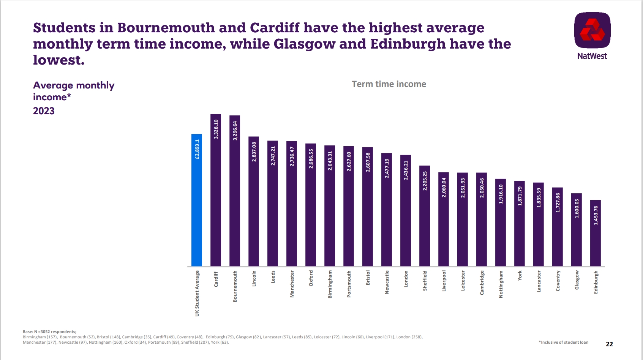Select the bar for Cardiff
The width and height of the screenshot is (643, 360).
(x=216, y=190)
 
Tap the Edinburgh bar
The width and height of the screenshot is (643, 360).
(x=596, y=233)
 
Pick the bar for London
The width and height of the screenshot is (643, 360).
(x=406, y=211)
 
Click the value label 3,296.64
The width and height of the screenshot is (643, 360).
(x=235, y=131)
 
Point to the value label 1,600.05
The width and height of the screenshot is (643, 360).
(x=577, y=208)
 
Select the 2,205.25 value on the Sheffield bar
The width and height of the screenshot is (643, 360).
(x=425, y=181)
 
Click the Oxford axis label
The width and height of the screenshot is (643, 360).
(x=311, y=278)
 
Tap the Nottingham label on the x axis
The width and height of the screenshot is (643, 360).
(x=501, y=284)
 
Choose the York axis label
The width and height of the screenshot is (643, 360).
(x=520, y=276)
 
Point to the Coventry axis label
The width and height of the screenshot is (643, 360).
(x=558, y=281)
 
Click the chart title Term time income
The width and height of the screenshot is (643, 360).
(x=389, y=84)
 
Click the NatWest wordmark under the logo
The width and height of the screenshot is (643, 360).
(x=592, y=56)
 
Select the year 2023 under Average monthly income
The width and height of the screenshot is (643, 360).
(x=44, y=111)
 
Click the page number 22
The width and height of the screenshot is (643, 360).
(x=609, y=344)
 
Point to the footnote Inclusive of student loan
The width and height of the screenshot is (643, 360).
(x=564, y=342)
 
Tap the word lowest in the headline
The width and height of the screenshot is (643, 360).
(x=58, y=60)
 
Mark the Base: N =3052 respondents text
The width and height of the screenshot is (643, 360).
(x=49, y=332)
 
